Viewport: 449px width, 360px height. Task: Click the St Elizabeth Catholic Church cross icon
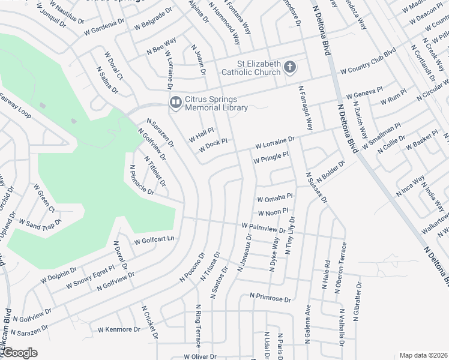[x=290, y=67]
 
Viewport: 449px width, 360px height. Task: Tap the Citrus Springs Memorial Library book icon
[x=175, y=103]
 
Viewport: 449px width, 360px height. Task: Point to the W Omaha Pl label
[x=274, y=197]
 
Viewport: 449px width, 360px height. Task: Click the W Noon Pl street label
[x=273, y=213]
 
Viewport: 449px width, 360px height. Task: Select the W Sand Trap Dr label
[x=40, y=224]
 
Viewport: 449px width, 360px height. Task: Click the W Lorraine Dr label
[x=275, y=143]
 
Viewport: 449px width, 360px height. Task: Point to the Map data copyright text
[x=423, y=355]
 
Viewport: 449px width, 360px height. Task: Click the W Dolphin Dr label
[x=59, y=275]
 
